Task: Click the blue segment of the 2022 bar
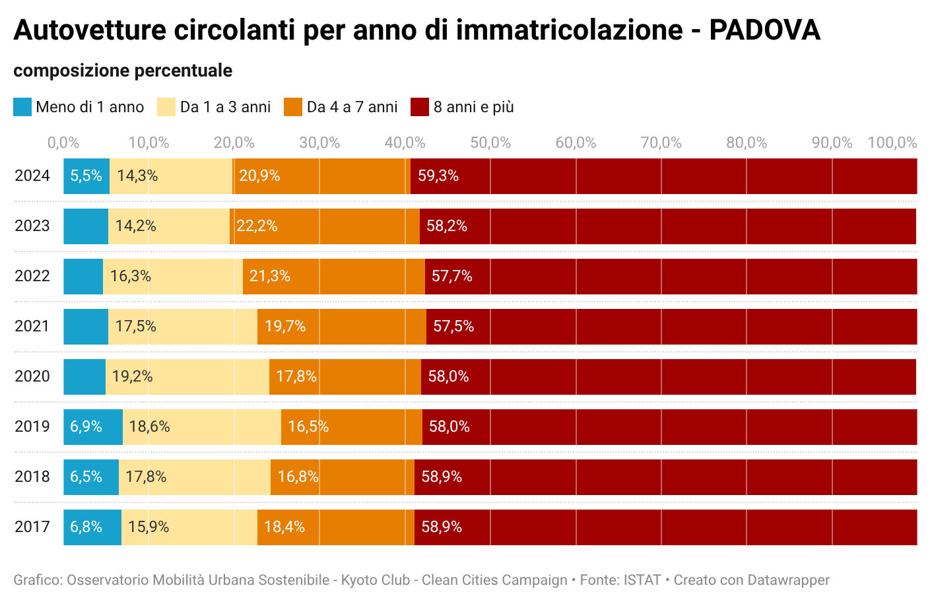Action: (83, 276)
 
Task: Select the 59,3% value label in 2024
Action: (438, 176)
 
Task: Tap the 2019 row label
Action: (32, 426)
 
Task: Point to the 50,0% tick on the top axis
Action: (490, 143)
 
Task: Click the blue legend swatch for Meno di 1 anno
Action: (22, 107)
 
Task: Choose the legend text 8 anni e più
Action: (473, 107)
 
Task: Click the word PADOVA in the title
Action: (764, 30)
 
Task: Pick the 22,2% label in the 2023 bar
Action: (257, 226)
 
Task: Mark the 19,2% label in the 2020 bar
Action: (132, 376)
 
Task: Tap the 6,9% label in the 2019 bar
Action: (86, 426)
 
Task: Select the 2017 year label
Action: (32, 527)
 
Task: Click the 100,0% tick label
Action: (892, 143)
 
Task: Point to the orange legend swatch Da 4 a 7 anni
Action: (293, 107)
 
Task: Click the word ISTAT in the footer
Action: (642, 580)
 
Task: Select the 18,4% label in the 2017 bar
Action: (284, 527)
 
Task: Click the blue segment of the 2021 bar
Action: (86, 326)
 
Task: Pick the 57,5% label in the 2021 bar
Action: (453, 326)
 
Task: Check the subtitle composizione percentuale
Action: (123, 71)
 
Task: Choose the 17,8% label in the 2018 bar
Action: (146, 477)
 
